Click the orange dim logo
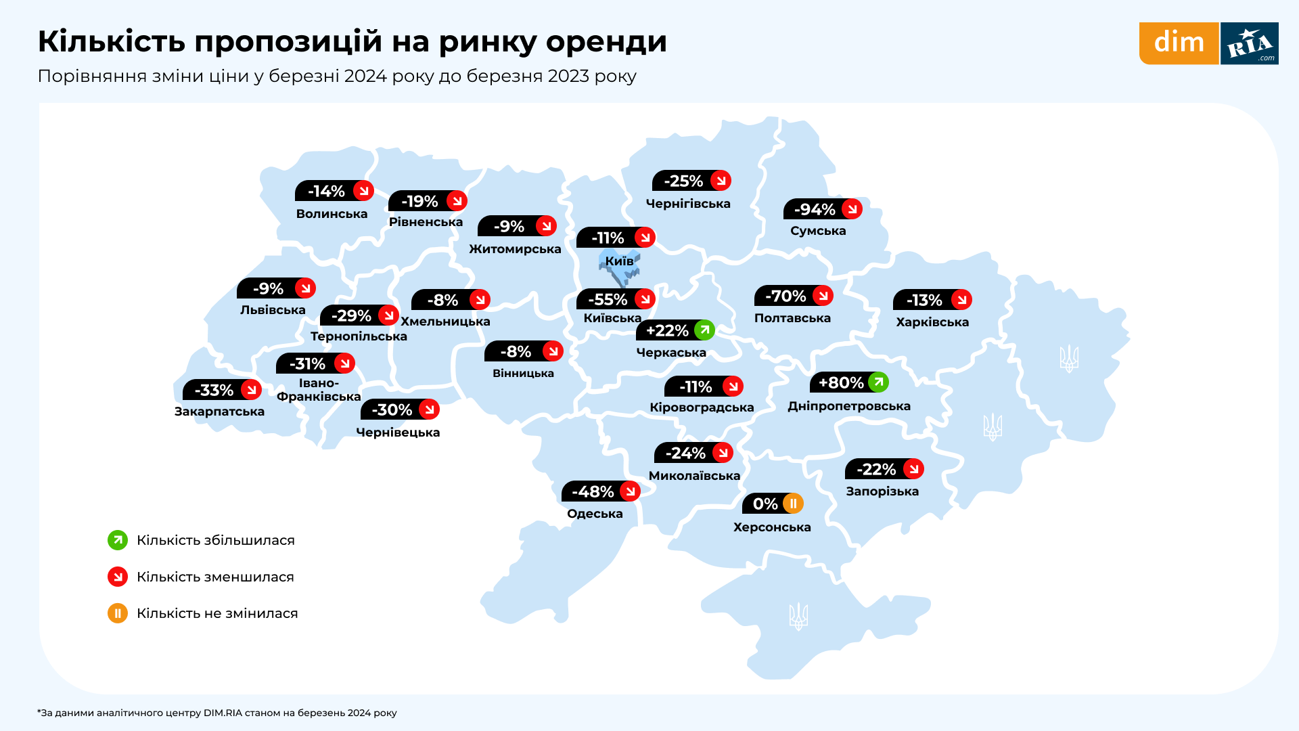pyautogui.click(x=1179, y=43)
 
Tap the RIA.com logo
pyautogui.click(x=1250, y=43)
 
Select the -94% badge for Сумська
pyautogui.click(x=822, y=209)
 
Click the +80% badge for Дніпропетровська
pyautogui.click(x=848, y=382)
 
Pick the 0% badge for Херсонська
pyautogui.click(x=772, y=504)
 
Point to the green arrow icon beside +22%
pyautogui.click(x=704, y=330)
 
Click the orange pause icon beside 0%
pyautogui.click(x=793, y=504)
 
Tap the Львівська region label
pyautogui.click(x=273, y=310)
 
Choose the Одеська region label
pyautogui.click(x=595, y=514)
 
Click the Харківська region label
pyautogui.click(x=932, y=322)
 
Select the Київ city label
pyautogui.click(x=619, y=261)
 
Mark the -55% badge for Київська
pyautogui.click(x=615, y=299)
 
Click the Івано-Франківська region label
pyautogui.click(x=319, y=390)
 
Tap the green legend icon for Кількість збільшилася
pyautogui.click(x=118, y=540)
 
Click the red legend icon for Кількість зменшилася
pyautogui.click(x=118, y=577)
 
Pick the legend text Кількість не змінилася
pyautogui.click(x=217, y=613)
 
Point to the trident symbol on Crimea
pyautogui.click(x=798, y=616)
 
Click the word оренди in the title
pyautogui.click(x=606, y=41)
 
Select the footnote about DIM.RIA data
pyautogui.click(x=217, y=713)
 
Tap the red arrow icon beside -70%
pyautogui.click(x=823, y=296)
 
